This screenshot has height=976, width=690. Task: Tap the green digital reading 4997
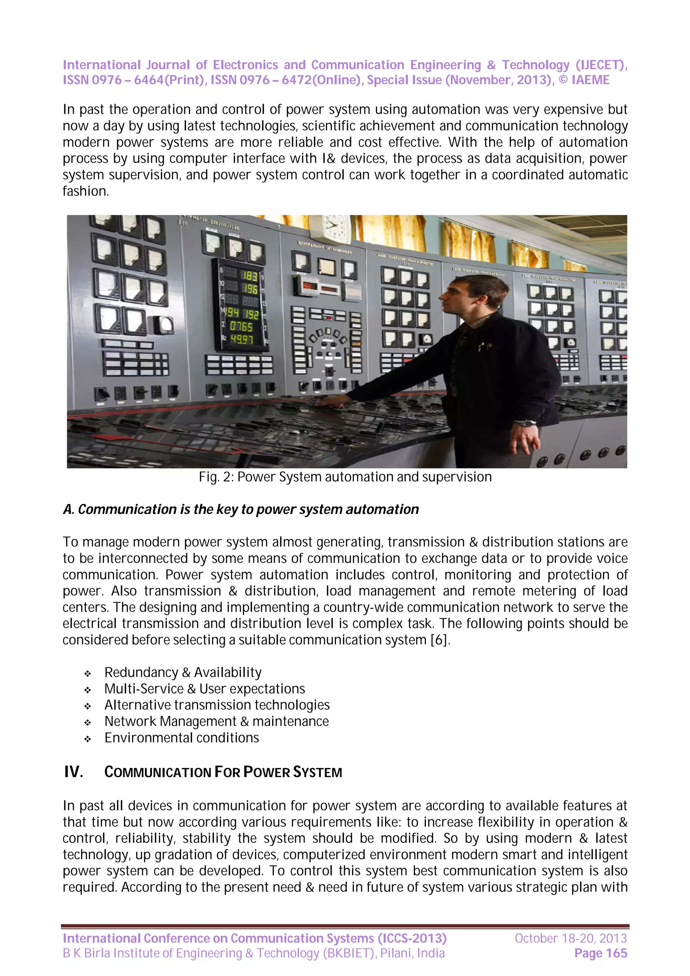tap(242, 339)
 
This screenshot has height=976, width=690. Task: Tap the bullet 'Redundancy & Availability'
tap(183, 673)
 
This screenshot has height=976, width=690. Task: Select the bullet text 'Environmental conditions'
tap(182, 738)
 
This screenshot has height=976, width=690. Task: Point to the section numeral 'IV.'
tap(73, 772)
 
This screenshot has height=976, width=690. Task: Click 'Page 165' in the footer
tap(600, 953)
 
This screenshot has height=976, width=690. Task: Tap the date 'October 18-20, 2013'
tap(570, 938)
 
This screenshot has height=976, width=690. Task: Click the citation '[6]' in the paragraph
tap(439, 640)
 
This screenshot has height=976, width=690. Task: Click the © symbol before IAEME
tap(563, 80)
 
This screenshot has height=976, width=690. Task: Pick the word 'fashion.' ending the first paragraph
tap(86, 191)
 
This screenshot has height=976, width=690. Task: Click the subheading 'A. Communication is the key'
tap(241, 509)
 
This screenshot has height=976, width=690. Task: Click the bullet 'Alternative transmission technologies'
tap(217, 705)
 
